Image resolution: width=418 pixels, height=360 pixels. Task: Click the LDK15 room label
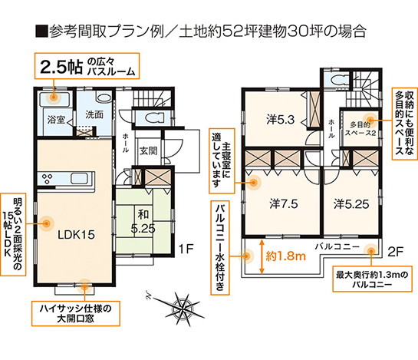[x=76, y=235]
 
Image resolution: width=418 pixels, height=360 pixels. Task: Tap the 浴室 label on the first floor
[x=56, y=120]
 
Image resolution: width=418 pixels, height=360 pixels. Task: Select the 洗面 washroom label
[x=94, y=114]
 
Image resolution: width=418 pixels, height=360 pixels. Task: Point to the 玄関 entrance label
[x=149, y=151]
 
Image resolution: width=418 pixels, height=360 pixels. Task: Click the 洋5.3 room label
[x=281, y=120]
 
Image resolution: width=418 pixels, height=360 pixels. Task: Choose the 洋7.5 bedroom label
[x=284, y=204]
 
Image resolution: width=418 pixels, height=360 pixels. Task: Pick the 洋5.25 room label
[x=351, y=204]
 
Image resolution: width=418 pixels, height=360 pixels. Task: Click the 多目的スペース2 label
[x=360, y=129]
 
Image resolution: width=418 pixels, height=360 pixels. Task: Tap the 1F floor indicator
[x=186, y=249]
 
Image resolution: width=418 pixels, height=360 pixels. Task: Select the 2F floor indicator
[x=395, y=252]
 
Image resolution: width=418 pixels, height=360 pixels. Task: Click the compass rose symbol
[x=182, y=309]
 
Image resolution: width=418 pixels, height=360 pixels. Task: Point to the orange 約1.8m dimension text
[x=286, y=256]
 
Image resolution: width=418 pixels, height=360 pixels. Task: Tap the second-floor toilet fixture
[x=337, y=79]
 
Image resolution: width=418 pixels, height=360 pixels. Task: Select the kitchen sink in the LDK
[x=79, y=178]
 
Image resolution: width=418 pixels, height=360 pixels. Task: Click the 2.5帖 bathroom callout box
[x=87, y=66]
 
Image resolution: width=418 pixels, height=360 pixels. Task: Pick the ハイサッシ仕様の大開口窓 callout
[x=76, y=314]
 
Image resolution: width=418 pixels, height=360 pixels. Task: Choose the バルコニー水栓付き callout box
[x=220, y=248]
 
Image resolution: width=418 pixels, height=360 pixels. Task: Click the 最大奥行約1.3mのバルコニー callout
[x=373, y=279]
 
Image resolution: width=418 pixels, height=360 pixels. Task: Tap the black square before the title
[x=41, y=31]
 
